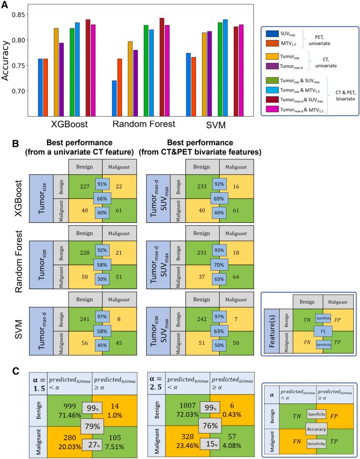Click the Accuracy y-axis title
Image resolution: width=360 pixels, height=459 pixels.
(7, 61)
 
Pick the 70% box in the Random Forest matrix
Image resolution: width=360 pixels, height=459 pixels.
(219, 265)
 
